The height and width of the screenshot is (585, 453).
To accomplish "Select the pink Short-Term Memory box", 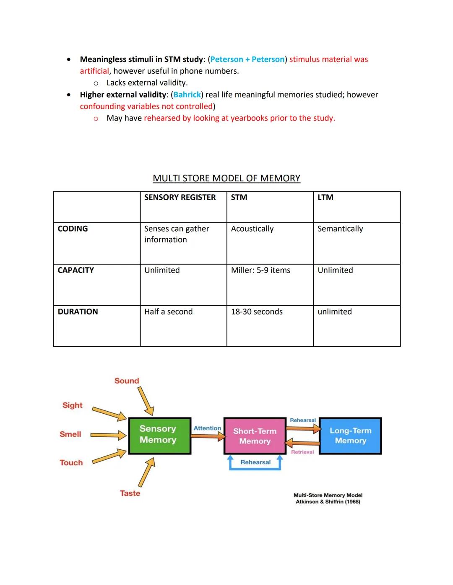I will click(x=255, y=436).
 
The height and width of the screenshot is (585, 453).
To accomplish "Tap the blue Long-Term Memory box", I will click(x=350, y=436).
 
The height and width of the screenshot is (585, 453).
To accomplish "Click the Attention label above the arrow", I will click(x=207, y=428).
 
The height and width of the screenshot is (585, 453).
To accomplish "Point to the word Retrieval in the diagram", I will click(x=302, y=452).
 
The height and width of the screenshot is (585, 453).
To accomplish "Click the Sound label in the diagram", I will click(x=127, y=381).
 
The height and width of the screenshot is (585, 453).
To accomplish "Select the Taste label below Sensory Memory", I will click(x=130, y=493).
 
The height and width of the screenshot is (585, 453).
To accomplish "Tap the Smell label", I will click(x=70, y=434).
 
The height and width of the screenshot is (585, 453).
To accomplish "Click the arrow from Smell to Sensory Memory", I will click(x=108, y=436).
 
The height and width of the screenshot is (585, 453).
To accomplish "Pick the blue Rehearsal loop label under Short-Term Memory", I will click(x=255, y=462).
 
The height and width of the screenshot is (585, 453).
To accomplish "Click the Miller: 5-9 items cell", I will click(x=260, y=270).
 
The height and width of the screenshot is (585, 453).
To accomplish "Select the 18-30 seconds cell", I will click(x=257, y=312).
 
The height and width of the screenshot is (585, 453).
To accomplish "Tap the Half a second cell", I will click(x=168, y=312).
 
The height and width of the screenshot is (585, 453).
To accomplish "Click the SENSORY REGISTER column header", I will click(x=180, y=197).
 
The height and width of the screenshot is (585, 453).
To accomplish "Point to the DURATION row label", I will click(x=78, y=312).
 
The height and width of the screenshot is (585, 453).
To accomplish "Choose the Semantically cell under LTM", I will click(x=340, y=229).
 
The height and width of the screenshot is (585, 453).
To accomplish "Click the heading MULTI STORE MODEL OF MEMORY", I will click(x=226, y=178).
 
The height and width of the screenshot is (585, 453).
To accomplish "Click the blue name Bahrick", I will click(x=187, y=95).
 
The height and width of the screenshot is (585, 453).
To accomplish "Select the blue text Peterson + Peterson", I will click(x=247, y=59).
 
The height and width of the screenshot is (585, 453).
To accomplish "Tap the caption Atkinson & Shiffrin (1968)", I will click(x=328, y=502).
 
